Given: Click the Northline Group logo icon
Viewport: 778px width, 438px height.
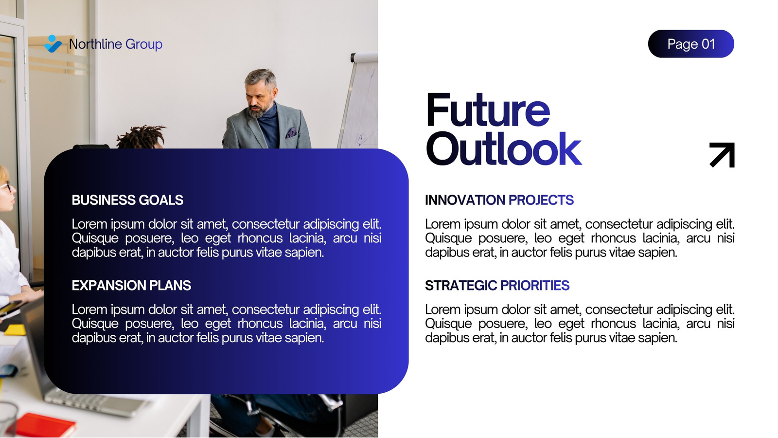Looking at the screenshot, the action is pyautogui.click(x=53, y=44).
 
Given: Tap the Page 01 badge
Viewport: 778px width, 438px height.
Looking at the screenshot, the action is pyautogui.click(x=691, y=44).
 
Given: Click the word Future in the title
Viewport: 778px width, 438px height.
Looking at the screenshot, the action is pyautogui.click(x=488, y=110).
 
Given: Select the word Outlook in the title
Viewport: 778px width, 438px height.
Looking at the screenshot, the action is pyautogui.click(x=504, y=149).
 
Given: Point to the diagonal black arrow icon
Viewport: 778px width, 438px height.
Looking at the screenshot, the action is pyautogui.click(x=723, y=155).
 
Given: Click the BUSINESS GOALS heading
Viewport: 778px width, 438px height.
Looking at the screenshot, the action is pyautogui.click(x=127, y=200).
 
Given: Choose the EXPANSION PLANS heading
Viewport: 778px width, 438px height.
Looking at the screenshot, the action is pyautogui.click(x=131, y=286).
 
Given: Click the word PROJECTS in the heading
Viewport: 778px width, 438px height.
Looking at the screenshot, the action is pyautogui.click(x=541, y=200).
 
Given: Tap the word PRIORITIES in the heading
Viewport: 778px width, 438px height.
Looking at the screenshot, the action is pyautogui.click(x=535, y=286).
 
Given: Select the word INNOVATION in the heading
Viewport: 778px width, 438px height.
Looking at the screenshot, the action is pyautogui.click(x=465, y=200).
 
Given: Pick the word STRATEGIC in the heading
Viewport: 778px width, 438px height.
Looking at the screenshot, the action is pyautogui.click(x=461, y=286).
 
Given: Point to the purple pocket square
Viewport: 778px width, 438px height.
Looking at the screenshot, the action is pyautogui.click(x=291, y=132).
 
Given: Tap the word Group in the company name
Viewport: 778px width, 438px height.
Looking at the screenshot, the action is pyautogui.click(x=144, y=44).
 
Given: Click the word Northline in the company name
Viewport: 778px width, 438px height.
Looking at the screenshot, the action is pyautogui.click(x=95, y=44).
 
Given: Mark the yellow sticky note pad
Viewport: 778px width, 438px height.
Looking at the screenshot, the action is pyautogui.click(x=15, y=329).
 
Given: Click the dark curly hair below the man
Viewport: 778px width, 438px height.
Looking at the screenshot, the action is pyautogui.click(x=141, y=137).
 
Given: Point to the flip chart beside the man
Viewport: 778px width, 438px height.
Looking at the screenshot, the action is pyautogui.click(x=359, y=101).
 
